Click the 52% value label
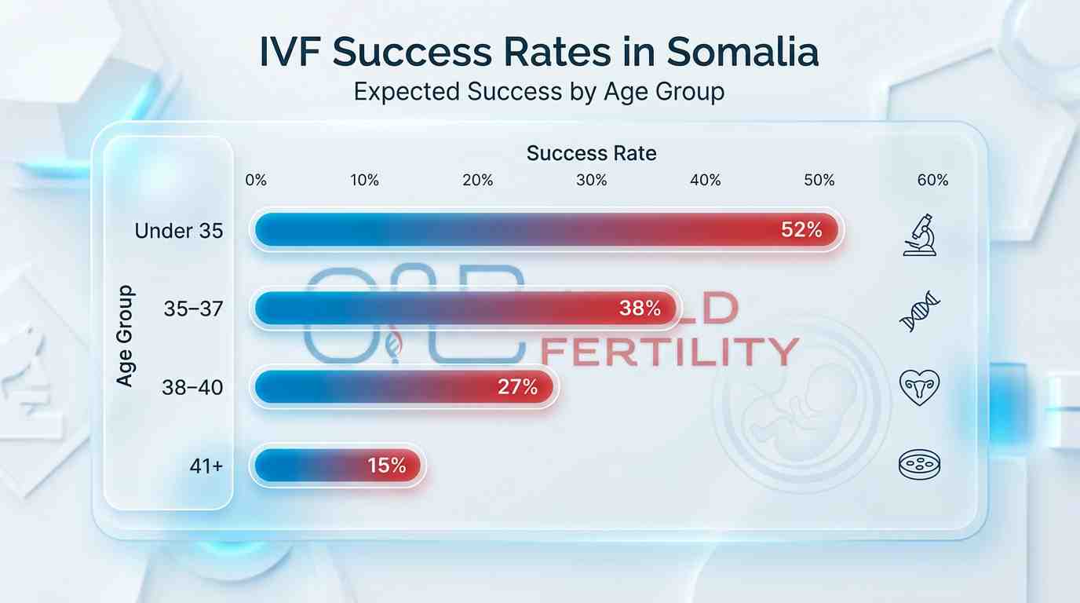tap(801, 231)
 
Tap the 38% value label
tap(640, 309)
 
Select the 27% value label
tap(517, 387)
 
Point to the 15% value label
tap(386, 466)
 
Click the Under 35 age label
tap(179, 231)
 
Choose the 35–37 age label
tap(193, 309)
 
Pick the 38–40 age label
tap(192, 387)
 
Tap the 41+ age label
tap(206, 466)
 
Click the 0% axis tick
tap(256, 181)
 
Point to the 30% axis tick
tap(592, 181)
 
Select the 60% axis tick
tap(932, 181)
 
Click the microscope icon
tap(919, 235)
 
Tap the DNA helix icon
tap(919, 312)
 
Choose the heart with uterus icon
tap(919, 387)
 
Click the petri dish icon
tap(919, 466)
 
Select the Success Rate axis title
tap(591, 153)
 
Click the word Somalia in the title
tap(742, 52)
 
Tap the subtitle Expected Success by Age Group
tap(538, 91)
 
